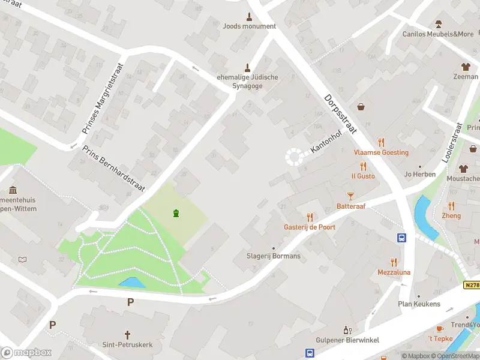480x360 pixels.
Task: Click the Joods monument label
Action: click(249, 26)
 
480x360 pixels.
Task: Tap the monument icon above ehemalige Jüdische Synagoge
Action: click(246, 67)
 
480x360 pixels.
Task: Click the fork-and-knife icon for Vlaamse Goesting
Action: click(381, 142)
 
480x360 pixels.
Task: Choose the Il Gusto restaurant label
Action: click(363, 176)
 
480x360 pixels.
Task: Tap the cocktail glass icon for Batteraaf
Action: click(351, 196)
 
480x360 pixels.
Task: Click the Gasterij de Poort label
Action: click(310, 227)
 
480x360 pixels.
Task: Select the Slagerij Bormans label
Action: click(274, 256)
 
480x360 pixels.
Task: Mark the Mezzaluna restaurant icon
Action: click(394, 262)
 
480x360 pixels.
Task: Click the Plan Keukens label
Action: click(419, 304)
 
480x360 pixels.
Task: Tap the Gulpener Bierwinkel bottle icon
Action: click(347, 330)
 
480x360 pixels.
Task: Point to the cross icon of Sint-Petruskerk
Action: click(127, 334)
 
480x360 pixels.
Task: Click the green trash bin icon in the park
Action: click(176, 213)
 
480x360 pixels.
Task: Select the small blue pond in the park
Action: click(132, 282)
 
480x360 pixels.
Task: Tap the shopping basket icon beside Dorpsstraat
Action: click(362, 107)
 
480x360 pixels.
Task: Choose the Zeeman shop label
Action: click(466, 77)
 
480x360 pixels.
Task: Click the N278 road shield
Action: click(472, 286)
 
